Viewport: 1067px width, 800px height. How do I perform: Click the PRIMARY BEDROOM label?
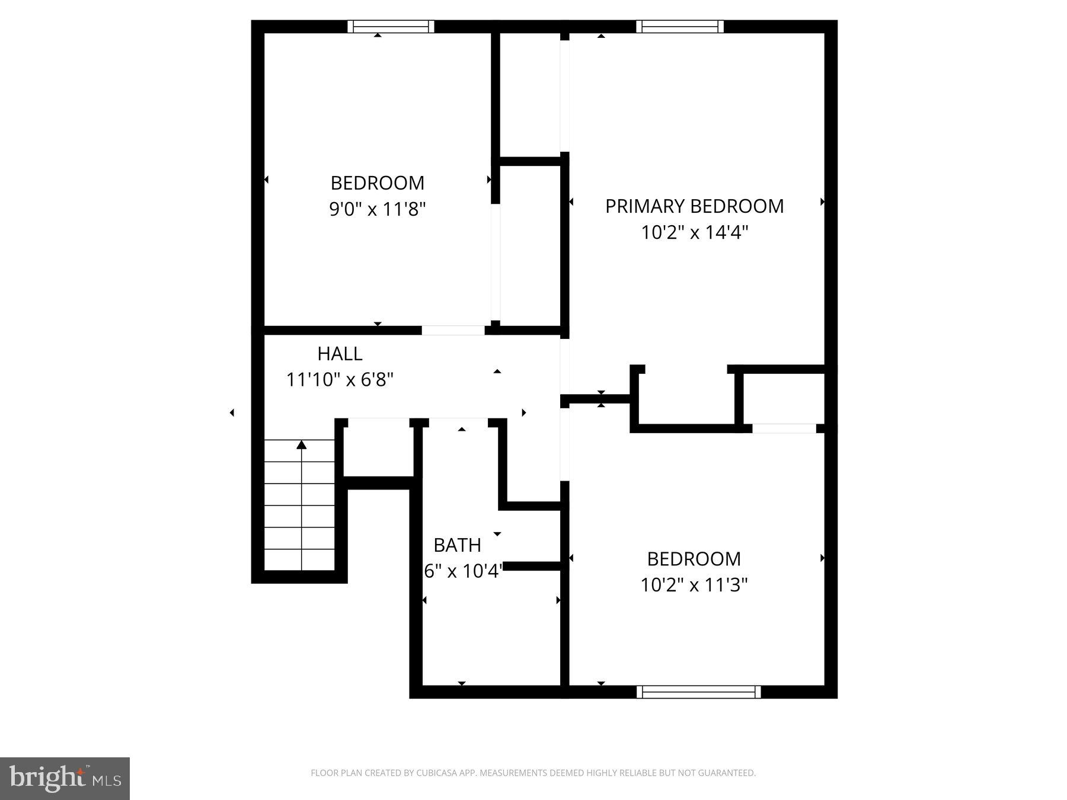click(694, 206)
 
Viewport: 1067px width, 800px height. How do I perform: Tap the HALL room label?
click(340, 354)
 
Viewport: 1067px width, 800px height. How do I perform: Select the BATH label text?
click(457, 545)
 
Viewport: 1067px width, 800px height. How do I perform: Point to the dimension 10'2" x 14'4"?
click(694, 232)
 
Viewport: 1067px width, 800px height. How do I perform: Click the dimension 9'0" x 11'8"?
click(378, 209)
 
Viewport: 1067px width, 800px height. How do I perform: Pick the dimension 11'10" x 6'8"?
click(340, 380)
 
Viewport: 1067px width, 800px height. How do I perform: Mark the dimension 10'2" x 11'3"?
click(694, 585)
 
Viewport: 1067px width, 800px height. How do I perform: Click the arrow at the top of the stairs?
click(302, 444)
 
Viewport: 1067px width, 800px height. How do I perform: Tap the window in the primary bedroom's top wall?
click(679, 27)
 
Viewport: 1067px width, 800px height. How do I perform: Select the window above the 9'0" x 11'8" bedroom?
click(391, 27)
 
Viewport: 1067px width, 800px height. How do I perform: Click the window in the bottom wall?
click(699, 692)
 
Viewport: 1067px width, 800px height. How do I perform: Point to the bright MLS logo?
click(65, 778)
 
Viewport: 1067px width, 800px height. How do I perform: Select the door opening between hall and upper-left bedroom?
click(453, 331)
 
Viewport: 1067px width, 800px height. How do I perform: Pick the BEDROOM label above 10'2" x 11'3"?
click(694, 559)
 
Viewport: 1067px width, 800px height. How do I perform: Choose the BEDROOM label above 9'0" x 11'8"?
click(378, 183)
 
